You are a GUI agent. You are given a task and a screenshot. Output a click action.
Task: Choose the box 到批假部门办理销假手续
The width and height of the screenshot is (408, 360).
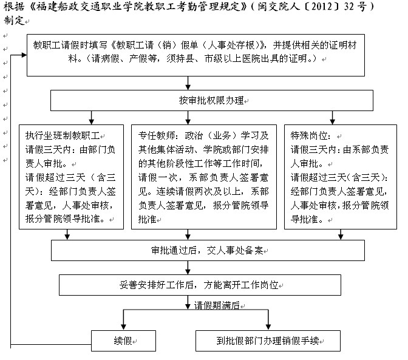(268, 341)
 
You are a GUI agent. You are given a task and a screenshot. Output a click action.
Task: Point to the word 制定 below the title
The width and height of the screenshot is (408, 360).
(13, 20)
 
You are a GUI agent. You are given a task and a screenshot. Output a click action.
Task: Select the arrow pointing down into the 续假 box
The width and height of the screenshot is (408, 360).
(124, 323)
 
